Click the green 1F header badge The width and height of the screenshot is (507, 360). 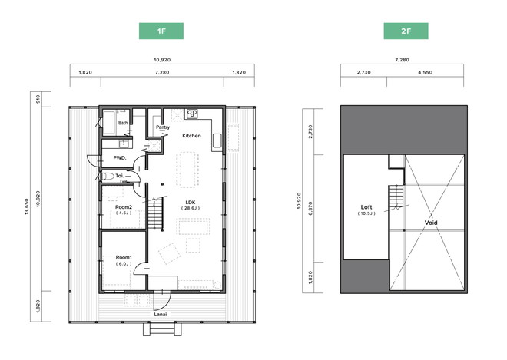point(161,31)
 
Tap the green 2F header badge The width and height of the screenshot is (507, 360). point(406,31)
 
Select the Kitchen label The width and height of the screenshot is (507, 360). point(191,136)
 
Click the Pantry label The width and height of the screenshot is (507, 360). point(163,127)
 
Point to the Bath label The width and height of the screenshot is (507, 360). point(123,123)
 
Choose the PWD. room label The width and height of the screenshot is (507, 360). point(120,158)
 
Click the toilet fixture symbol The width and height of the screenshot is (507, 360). point(107,177)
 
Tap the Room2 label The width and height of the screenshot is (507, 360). point(124,207)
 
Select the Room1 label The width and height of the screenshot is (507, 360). point(124,258)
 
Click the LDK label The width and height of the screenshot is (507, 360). point(191,203)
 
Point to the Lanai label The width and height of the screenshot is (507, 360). point(161,315)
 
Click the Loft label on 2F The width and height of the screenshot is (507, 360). point(366,207)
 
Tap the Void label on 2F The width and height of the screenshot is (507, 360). point(431,223)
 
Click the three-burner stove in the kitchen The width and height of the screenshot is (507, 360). point(192,114)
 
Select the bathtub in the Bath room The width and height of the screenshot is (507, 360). point(109,123)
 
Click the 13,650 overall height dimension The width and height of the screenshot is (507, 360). point(27,206)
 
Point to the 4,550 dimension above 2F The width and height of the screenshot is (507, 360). point(425,72)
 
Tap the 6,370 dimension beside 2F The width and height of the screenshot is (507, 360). point(310,209)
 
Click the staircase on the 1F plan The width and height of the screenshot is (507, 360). point(155,213)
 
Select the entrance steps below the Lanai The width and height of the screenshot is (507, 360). point(162,329)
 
